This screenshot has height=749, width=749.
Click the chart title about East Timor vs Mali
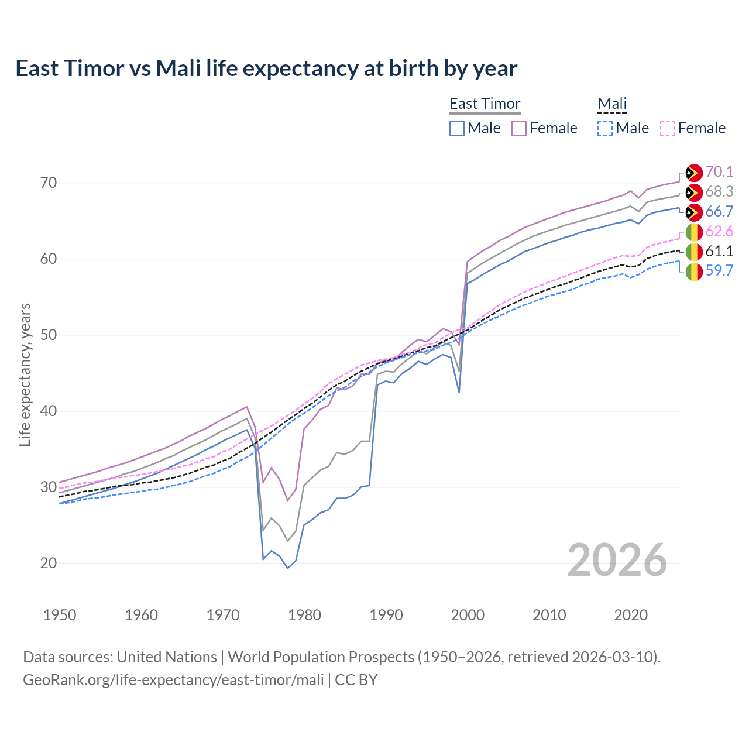[266, 68]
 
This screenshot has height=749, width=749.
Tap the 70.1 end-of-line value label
[719, 171]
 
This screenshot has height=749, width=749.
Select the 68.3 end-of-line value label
[719, 191]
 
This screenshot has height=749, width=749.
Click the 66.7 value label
[719, 211]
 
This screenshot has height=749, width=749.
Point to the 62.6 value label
[719, 231]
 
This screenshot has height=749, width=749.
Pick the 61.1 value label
[719, 251]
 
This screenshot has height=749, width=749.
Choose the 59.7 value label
[719, 270]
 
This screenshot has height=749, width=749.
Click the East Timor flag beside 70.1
[693, 173]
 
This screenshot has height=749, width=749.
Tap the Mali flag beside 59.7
[693, 272]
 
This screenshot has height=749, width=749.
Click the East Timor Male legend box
[457, 128]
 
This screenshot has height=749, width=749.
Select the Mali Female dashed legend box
[668, 128]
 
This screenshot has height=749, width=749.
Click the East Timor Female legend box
[519, 128]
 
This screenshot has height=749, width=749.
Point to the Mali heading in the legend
[612, 104]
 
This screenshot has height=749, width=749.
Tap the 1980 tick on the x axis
[305, 615]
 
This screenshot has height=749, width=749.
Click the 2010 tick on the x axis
[549, 615]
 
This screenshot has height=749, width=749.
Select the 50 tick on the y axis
[49, 335]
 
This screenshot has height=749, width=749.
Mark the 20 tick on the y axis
[49, 563]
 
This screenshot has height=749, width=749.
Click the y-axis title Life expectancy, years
[25, 374]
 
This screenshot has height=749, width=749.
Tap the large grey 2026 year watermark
[617, 560]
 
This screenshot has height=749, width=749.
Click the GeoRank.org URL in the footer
[173, 680]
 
